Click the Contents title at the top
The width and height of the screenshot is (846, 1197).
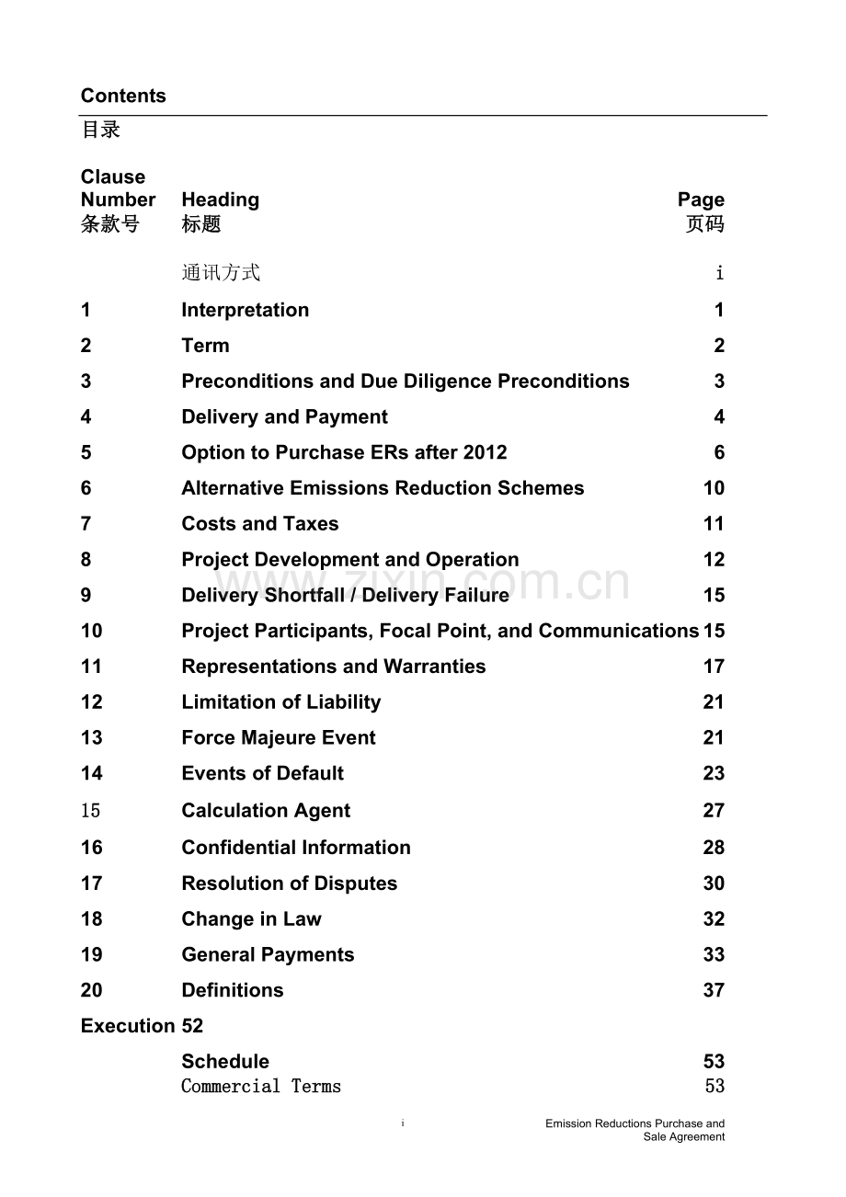point(123,96)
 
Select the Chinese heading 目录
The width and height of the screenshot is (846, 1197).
point(101,130)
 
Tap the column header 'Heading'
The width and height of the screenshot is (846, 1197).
point(220,199)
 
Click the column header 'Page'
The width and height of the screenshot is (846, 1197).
point(701,199)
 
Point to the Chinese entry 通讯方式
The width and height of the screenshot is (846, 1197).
point(221,272)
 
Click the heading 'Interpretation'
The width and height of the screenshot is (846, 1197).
point(245,310)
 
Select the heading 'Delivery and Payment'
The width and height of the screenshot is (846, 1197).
point(284,417)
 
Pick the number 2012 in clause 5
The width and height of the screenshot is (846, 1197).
point(485,452)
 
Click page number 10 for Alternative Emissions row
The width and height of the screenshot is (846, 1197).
point(714,488)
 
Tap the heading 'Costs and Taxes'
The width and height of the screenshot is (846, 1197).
point(259,524)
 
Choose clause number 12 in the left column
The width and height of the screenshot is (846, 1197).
point(91,702)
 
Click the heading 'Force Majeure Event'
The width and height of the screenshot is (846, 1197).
point(278,738)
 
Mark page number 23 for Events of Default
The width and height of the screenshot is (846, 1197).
point(714,774)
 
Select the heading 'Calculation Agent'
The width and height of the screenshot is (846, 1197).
point(266,811)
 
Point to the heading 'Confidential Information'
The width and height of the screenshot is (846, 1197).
point(295,848)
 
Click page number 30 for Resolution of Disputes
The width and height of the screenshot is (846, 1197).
point(714,883)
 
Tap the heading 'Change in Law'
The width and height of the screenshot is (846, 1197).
point(251,919)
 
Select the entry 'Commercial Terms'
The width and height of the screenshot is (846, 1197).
point(261,1087)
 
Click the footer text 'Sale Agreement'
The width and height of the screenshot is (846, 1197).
point(683,1137)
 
